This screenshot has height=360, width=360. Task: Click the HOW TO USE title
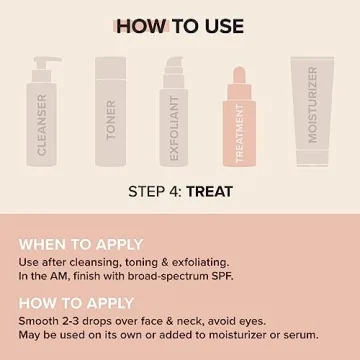[x=180, y=24]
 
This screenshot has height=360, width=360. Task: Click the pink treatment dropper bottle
[x=242, y=130]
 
